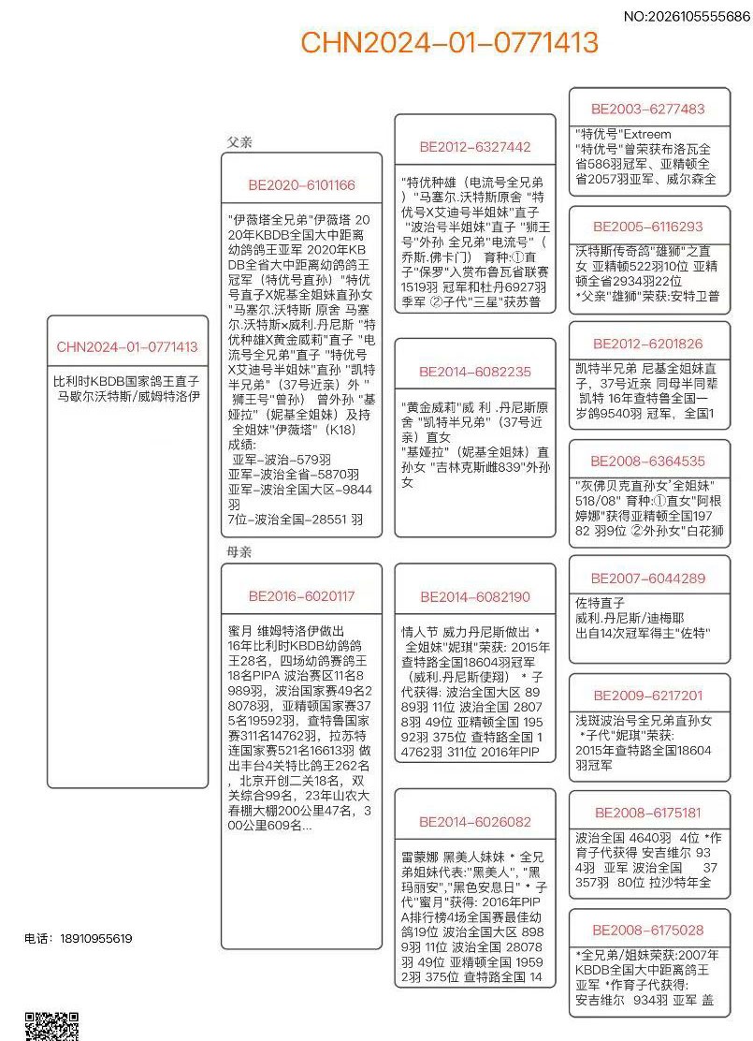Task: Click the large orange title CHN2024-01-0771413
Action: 449,42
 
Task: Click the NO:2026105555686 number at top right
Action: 686,16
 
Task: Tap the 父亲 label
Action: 239,142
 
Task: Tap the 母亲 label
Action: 239,552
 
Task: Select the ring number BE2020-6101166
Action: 301,185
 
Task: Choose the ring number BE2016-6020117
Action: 301,596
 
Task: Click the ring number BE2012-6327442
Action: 474,147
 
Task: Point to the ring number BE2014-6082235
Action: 474,372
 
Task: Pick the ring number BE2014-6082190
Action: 474,596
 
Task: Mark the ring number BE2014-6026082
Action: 474,822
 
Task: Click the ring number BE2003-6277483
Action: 648,109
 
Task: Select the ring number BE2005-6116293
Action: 648,227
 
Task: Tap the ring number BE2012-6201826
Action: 648,344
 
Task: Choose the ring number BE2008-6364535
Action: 648,461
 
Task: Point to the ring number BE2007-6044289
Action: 648,579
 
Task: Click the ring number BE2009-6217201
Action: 648,696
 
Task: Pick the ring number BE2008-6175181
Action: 648,813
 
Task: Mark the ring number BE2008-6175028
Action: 648,930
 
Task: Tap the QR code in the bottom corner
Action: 51,1027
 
